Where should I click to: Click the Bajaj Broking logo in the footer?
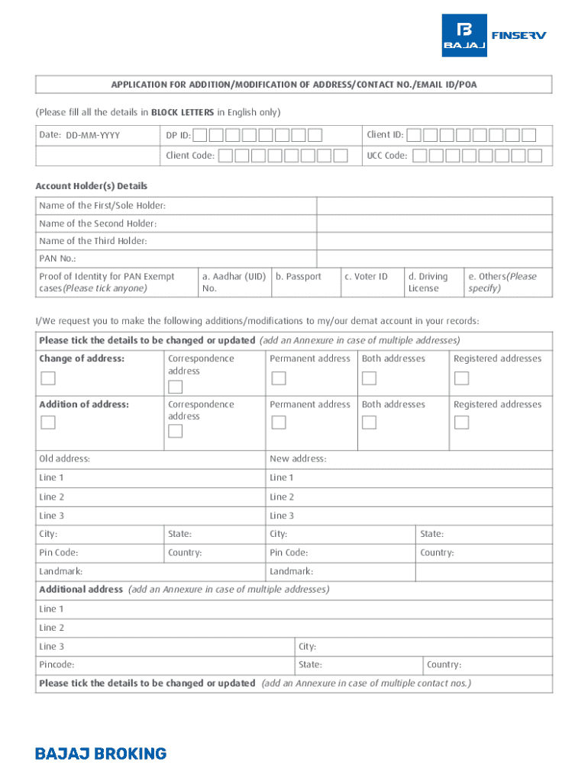pyautogui.click(x=101, y=754)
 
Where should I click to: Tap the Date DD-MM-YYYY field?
pyautogui.click(x=92, y=136)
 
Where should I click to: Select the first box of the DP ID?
pyautogui.click(x=199, y=136)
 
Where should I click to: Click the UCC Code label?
pyautogui.click(x=386, y=156)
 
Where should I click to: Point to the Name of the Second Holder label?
pyautogui.click(x=98, y=223)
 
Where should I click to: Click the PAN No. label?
pyautogui.click(x=57, y=259)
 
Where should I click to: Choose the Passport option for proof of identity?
pyautogui.click(x=299, y=277)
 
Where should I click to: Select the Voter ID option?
pyautogui.click(x=366, y=277)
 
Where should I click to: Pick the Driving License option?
pyautogui.click(x=428, y=282)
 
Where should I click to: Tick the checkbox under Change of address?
pyautogui.click(x=48, y=378)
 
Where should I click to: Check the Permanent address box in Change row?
pyautogui.click(x=279, y=378)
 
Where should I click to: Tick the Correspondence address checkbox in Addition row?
pyautogui.click(x=176, y=431)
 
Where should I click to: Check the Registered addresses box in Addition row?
pyautogui.click(x=461, y=423)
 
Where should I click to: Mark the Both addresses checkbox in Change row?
pyautogui.click(x=369, y=378)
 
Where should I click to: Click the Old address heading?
pyautogui.click(x=64, y=458)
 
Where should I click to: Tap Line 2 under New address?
pyautogui.click(x=282, y=497)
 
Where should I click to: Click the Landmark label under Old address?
pyautogui.click(x=61, y=571)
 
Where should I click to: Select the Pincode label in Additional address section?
pyautogui.click(x=57, y=665)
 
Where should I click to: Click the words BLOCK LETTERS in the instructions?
pyautogui.click(x=182, y=112)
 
